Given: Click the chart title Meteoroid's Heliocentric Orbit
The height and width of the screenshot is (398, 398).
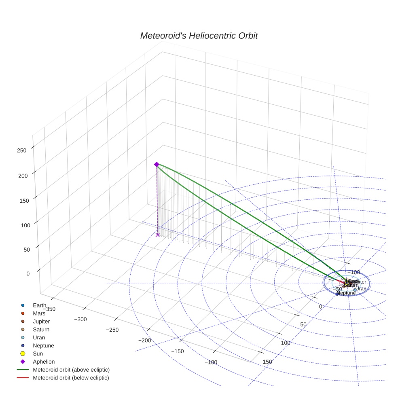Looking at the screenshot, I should coord(199,36).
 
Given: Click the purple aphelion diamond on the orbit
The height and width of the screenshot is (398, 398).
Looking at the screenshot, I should coord(157,164).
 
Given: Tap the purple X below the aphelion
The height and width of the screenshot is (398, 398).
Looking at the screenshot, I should coord(158,235).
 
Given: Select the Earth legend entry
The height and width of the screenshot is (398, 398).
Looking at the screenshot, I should coord(39,305).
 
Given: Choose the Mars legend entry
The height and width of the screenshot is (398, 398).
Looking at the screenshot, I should coord(39,313).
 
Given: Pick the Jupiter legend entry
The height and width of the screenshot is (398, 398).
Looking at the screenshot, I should coord(41,321).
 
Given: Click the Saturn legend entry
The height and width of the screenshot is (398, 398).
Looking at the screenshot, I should coord(41,329).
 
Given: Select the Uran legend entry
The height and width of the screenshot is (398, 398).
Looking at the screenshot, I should coord(39,337).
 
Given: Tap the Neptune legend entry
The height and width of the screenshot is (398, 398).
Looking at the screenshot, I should coord(43,345).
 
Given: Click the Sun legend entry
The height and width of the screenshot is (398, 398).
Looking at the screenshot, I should coord(38,354).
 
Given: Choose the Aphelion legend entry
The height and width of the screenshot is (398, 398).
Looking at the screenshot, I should coord(44,362).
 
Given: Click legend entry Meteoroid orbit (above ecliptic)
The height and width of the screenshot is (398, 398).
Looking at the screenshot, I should coord(71,370).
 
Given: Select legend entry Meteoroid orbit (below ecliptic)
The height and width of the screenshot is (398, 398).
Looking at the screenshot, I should coord(71,378).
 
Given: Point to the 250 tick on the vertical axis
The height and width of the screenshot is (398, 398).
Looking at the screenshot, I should coord(22,150).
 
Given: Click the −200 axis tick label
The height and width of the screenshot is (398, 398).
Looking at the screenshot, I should coord(145,340).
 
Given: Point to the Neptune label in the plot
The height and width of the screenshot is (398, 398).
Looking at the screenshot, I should coord(346,293).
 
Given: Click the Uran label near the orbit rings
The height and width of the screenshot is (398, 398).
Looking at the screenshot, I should coord(361,289).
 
